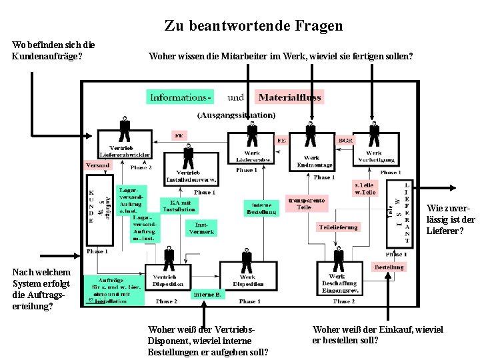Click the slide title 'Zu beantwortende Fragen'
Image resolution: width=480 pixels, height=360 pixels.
point(253,26)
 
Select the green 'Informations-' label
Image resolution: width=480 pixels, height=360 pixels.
point(181,97)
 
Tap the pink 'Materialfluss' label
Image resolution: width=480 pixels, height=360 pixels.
point(289,97)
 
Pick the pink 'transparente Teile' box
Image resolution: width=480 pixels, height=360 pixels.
point(306,203)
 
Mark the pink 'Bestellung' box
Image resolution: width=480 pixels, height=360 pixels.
point(389,267)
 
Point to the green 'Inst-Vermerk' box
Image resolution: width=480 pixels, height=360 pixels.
point(201,228)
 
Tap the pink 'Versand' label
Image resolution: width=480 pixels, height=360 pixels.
point(97,165)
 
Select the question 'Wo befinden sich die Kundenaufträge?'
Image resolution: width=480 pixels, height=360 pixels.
point(54,50)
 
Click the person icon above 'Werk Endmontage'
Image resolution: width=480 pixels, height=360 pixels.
point(311,132)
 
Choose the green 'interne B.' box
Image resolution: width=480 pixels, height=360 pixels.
point(209,294)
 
